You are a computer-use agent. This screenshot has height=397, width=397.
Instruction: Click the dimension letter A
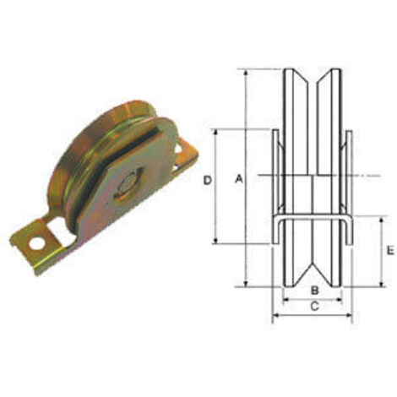[239, 178]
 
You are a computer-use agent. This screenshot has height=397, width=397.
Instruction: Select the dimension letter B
[314, 290]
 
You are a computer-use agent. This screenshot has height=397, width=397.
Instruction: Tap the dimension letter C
[314, 306]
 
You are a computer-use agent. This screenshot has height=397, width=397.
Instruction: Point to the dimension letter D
[208, 180]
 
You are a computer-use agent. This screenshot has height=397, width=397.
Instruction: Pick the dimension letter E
[390, 250]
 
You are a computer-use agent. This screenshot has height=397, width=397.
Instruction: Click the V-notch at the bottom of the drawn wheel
[313, 269]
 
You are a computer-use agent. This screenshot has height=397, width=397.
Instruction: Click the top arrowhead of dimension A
[246, 72]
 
